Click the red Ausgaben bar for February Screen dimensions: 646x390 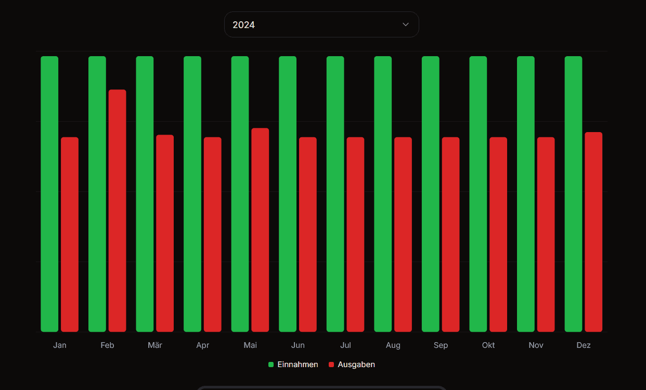pos(118,211)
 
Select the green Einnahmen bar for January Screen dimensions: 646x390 pos(49,194)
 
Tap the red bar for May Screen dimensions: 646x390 pos(260,230)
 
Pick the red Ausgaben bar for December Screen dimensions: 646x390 pos(593,232)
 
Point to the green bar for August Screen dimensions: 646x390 pos(383,194)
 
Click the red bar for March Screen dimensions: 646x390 pos(165,233)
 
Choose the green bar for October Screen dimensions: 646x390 pos(478,194)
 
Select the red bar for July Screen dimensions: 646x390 pos(356,235)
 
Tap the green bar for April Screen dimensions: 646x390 pos(192,194)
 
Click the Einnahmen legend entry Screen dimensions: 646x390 pos(293,365)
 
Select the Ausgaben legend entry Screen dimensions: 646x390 pos(352,365)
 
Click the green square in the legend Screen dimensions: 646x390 pos(271,365)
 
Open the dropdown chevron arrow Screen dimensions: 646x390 pos(406,24)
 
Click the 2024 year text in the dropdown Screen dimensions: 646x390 pos(244,25)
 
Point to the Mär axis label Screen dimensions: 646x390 pos(155,345)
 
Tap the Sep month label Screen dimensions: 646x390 pos(441,345)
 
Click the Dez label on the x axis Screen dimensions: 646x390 pos(584,345)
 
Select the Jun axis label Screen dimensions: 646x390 pos(298,345)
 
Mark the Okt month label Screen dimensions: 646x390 pos(488,345)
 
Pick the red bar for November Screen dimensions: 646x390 pos(546,235)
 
